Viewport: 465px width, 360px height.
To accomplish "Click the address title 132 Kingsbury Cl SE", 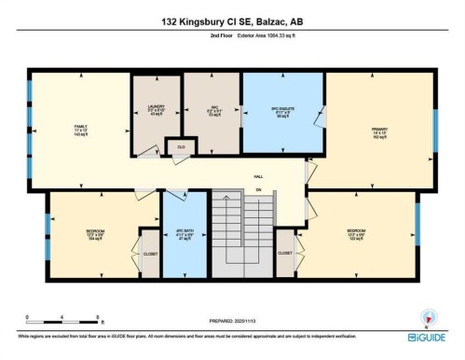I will pos(232,21).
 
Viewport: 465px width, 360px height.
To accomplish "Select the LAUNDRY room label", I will pos(156,109).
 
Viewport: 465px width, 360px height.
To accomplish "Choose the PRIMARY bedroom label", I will pos(378,132).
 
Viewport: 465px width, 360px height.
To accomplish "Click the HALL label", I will pos(259,176).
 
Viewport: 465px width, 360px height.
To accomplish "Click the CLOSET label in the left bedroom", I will pos(150,253).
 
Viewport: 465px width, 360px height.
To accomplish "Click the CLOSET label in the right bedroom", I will pos(285,253).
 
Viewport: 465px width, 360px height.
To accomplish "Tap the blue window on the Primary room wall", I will pos(434,124).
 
